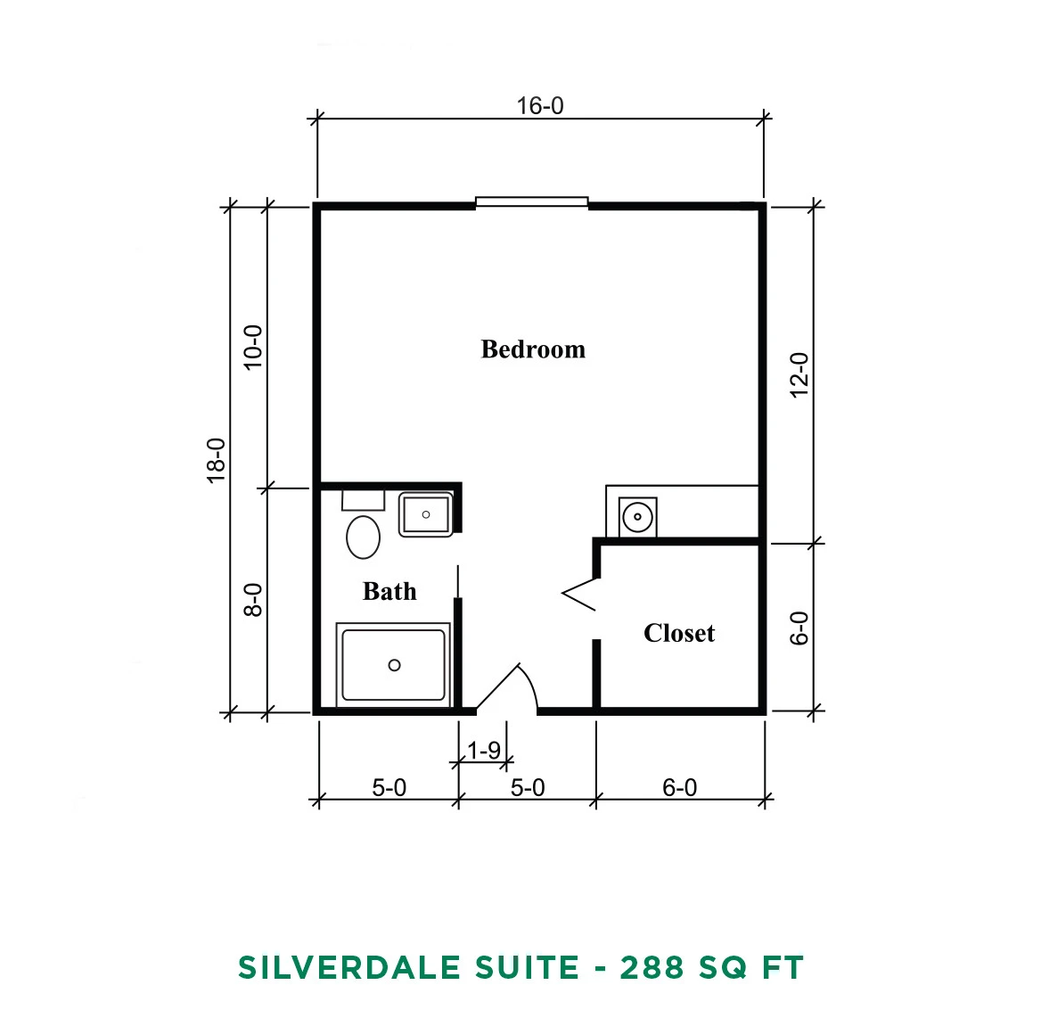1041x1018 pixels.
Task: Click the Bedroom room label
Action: pos(533,349)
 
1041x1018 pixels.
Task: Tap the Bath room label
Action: pos(389,591)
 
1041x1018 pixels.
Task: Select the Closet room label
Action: pos(679,633)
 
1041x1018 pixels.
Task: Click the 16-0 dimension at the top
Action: pos(540,105)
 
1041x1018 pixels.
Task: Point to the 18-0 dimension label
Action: pos(217,460)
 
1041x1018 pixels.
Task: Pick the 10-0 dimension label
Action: pos(253,348)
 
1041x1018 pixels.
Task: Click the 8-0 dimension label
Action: pos(253,600)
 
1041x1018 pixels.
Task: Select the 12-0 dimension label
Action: pos(799,375)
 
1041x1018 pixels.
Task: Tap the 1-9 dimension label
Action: pos(484,751)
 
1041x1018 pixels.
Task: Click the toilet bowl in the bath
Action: pos(363,537)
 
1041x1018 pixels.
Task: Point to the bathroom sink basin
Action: pos(425,514)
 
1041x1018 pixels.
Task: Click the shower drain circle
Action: pos(394,665)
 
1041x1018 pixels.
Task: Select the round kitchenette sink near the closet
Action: pos(638,517)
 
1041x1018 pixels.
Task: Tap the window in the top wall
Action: pos(532,201)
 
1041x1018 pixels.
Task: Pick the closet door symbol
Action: pos(579,594)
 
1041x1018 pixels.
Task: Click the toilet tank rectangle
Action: pos(363,500)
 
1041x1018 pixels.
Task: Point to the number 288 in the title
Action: pos(652,967)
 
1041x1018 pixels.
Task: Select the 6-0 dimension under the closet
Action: pos(680,788)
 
